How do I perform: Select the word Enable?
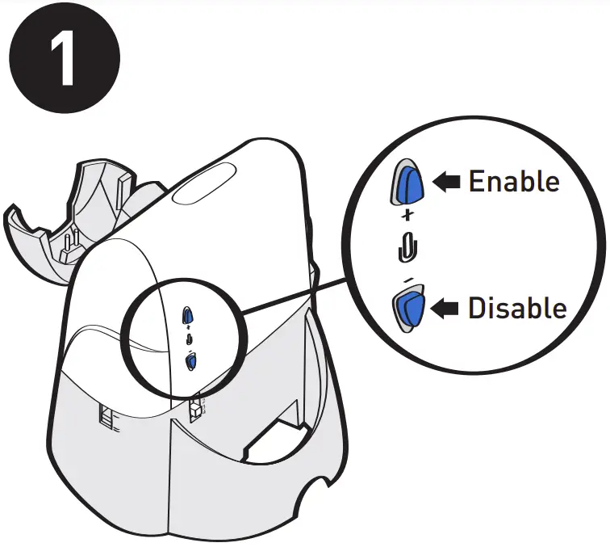513,181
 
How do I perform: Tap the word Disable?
517,308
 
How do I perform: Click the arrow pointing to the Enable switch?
447,183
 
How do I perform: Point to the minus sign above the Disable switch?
407,279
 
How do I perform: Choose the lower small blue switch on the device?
190,361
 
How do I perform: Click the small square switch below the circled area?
194,410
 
